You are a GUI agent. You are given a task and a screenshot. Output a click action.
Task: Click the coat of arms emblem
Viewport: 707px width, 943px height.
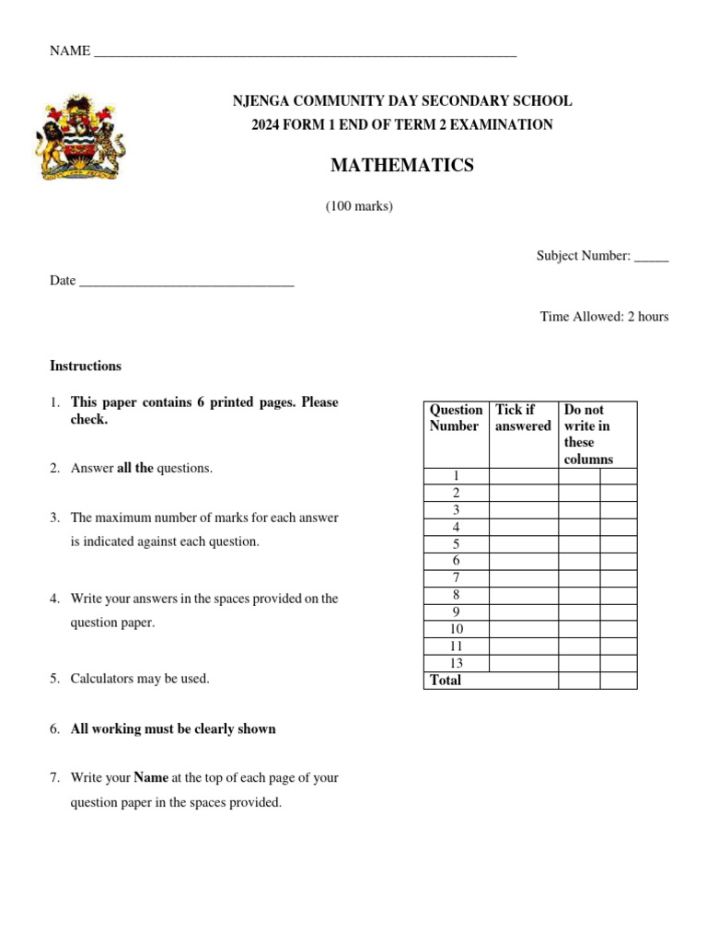(x=79, y=138)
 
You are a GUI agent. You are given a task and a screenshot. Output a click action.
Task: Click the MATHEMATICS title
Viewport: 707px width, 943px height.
(x=402, y=166)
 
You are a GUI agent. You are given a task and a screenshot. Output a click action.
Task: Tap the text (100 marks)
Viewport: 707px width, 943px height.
(x=359, y=206)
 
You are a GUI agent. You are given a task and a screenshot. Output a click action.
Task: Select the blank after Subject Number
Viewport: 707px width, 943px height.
(x=651, y=257)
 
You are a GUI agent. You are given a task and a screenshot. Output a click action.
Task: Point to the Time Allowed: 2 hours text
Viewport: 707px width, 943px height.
(x=604, y=317)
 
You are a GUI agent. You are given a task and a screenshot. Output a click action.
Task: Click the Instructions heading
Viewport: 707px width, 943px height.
(x=86, y=366)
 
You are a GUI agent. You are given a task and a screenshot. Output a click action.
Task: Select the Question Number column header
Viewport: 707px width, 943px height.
(x=456, y=418)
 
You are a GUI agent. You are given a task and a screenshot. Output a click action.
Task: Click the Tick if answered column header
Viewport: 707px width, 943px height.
(x=523, y=418)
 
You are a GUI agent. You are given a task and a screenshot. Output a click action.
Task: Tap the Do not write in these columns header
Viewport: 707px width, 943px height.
(x=588, y=434)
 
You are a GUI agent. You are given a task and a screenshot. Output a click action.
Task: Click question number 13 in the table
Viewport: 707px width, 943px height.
(x=456, y=663)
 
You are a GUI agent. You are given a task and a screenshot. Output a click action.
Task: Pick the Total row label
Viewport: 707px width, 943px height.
(x=446, y=681)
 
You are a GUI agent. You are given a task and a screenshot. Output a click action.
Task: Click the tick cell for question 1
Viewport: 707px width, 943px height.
(x=523, y=476)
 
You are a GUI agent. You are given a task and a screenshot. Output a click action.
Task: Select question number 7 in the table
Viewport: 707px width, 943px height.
(x=456, y=578)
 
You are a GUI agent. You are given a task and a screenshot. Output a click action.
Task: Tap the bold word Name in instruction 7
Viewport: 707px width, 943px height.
(x=151, y=777)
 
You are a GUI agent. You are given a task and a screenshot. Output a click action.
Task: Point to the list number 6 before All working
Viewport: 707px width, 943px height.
(x=54, y=728)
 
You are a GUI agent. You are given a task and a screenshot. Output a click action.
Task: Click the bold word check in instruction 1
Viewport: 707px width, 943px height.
(x=89, y=419)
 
